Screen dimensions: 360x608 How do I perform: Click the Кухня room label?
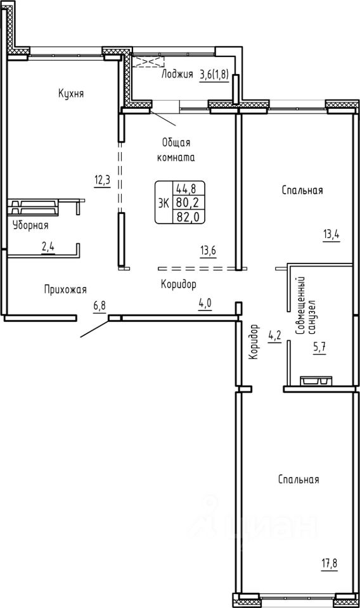click(71, 94)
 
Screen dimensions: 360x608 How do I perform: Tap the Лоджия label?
click(177, 74)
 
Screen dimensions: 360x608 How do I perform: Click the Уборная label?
click(30, 225)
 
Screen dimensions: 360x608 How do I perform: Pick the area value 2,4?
click(48, 248)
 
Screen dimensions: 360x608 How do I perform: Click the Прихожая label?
click(65, 289)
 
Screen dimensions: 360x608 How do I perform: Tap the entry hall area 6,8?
click(100, 306)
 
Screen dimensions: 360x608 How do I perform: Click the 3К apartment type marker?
click(164, 203)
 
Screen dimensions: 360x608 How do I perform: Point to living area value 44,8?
click(186, 189)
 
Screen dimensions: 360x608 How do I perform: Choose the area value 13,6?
click(208, 251)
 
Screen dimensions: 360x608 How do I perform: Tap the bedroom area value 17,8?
click(330, 564)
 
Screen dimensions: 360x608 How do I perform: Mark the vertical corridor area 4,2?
click(274, 336)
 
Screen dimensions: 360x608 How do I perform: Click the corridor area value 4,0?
click(205, 303)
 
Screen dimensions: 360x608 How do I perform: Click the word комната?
click(176, 158)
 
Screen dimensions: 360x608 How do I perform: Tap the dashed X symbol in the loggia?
click(148, 61)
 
